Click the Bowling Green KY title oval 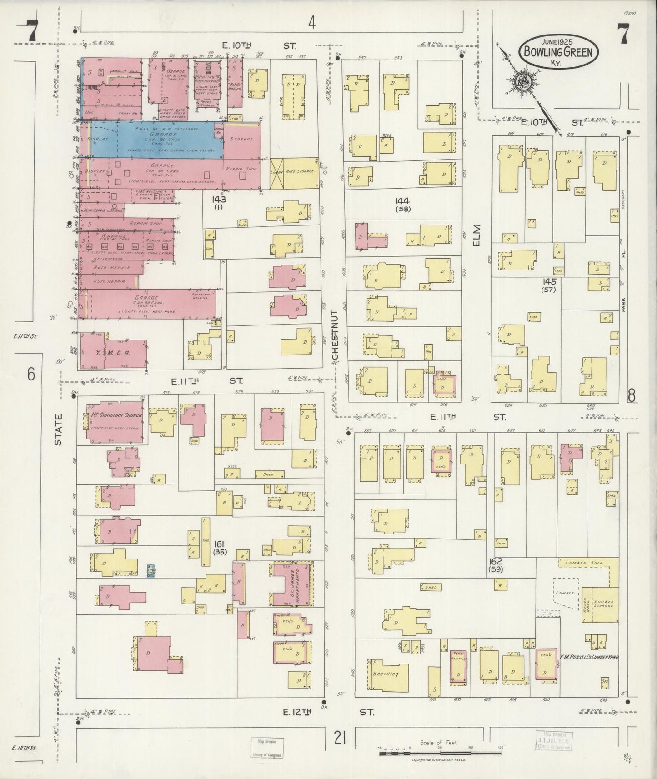pyautogui.click(x=558, y=52)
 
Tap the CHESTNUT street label pyautogui.click(x=336, y=336)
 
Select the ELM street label pyautogui.click(x=476, y=235)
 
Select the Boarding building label pyautogui.click(x=386, y=674)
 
